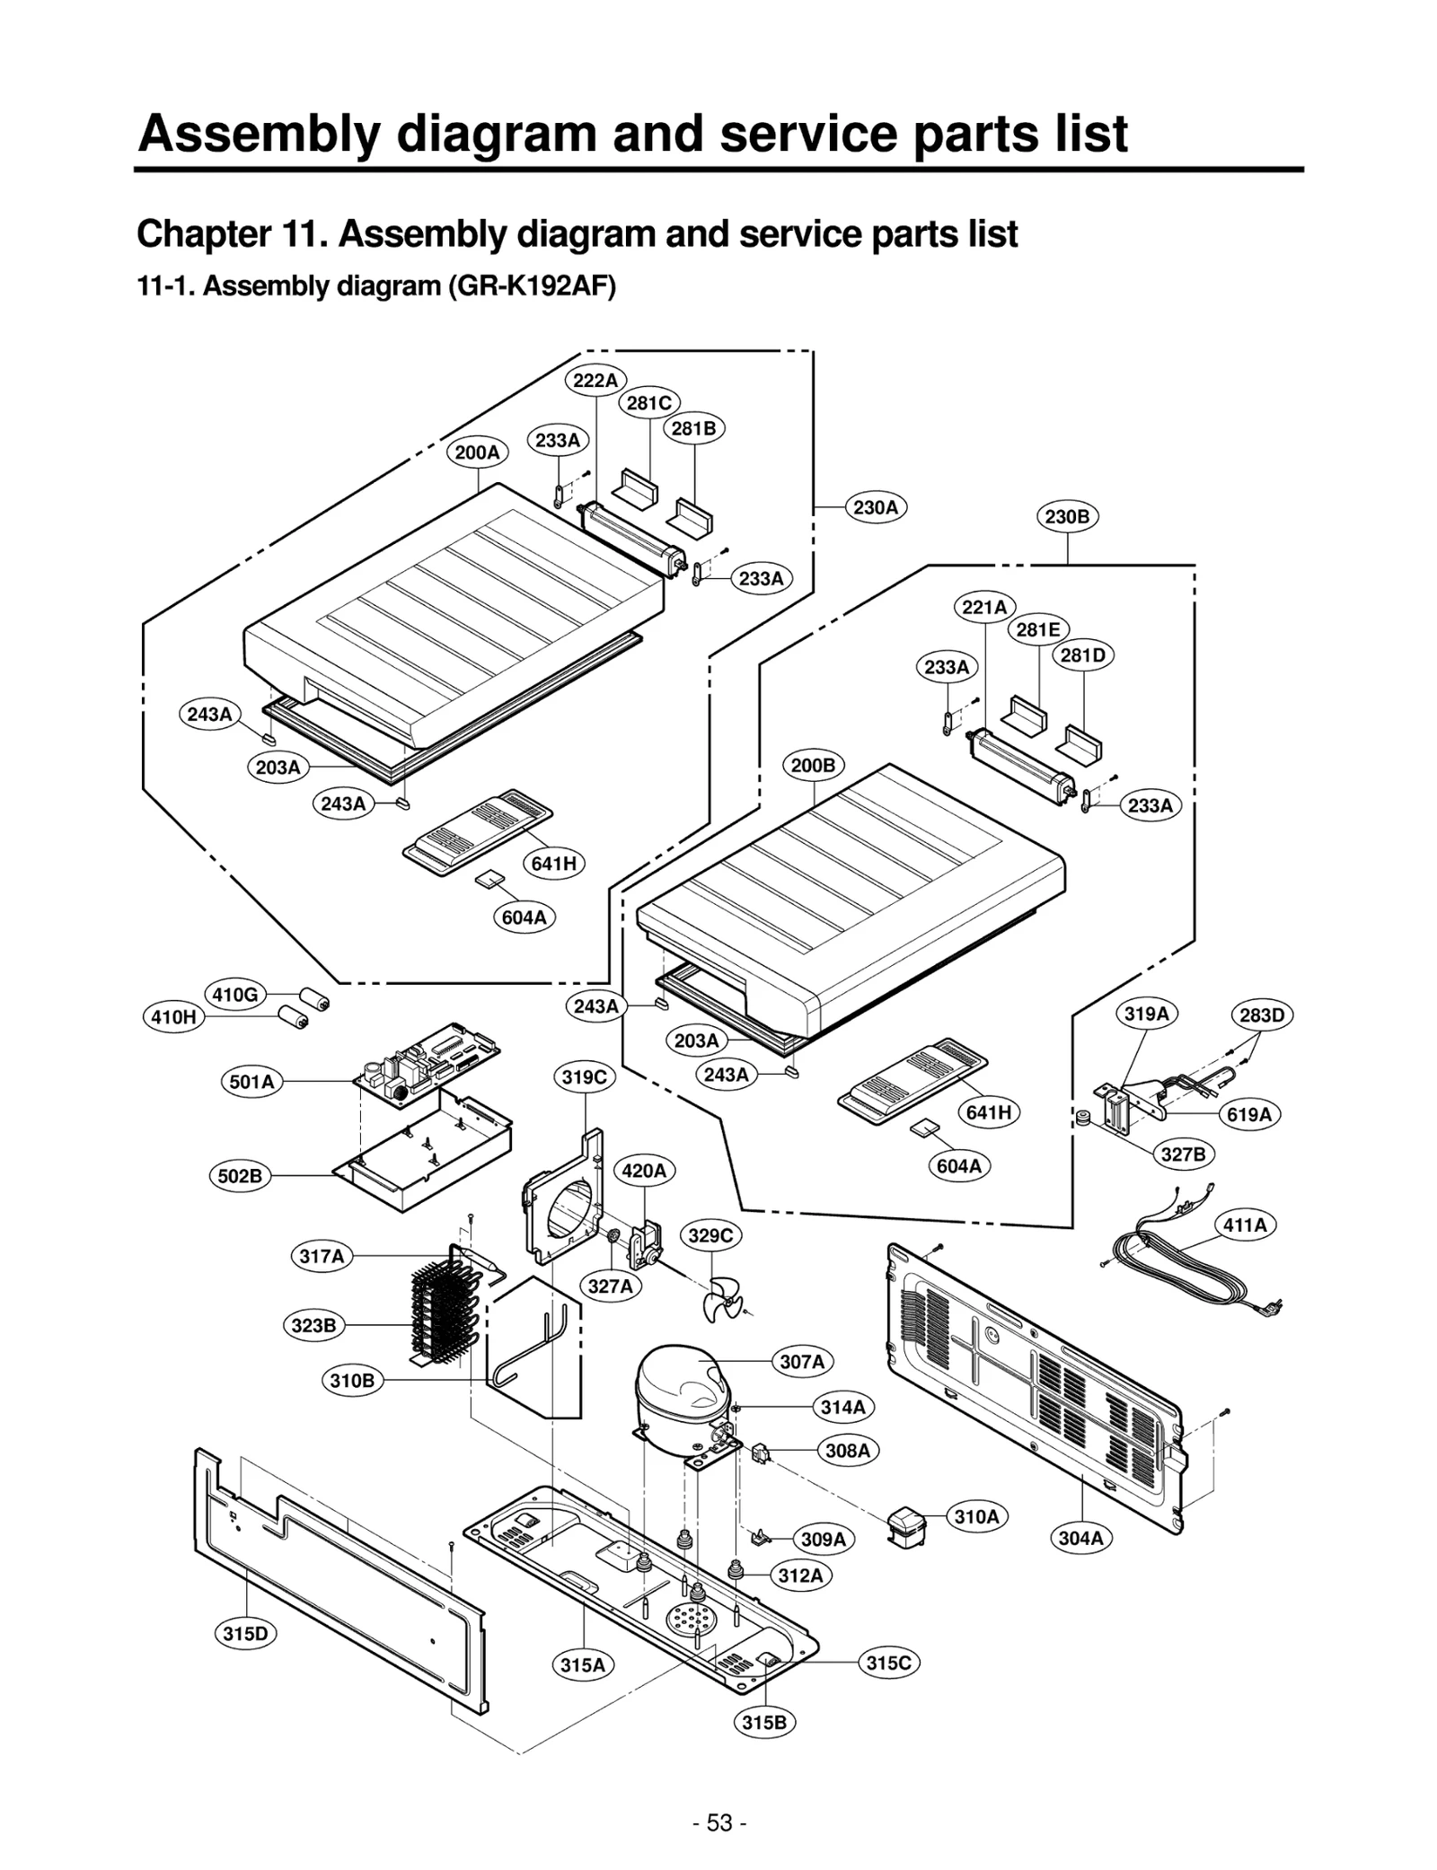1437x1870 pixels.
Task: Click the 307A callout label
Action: click(801, 1362)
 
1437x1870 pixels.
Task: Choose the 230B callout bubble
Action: click(1067, 516)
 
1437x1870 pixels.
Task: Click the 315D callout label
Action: click(245, 1633)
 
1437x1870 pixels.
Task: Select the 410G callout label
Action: click(235, 994)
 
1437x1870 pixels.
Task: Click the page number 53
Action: click(719, 1822)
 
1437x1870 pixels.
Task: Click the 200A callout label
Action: click(477, 452)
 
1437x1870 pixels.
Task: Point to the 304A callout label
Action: click(1080, 1538)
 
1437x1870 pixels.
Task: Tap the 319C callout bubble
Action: click(585, 1077)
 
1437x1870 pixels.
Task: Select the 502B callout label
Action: click(240, 1176)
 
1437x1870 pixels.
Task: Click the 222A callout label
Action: click(595, 380)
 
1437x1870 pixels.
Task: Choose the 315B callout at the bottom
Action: click(764, 1722)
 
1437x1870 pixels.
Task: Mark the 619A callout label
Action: click(1249, 1114)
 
